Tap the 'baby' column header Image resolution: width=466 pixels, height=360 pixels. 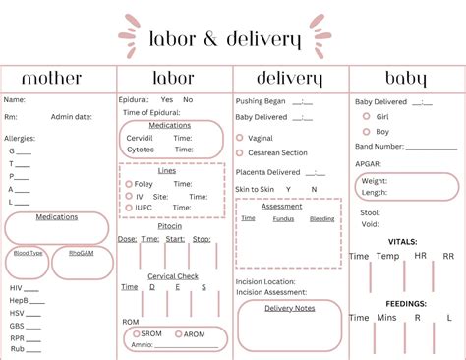point(405,79)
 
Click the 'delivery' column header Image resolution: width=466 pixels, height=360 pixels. point(290,79)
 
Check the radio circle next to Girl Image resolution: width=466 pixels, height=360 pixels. point(367,116)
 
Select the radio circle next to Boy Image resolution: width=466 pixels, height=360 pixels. point(367,131)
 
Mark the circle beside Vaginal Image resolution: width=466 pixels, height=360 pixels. point(240,138)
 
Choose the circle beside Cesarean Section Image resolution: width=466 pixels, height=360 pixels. point(240,152)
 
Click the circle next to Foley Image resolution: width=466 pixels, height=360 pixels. point(126,183)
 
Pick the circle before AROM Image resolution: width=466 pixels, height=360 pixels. point(178,334)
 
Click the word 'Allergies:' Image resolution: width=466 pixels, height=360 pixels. point(21,139)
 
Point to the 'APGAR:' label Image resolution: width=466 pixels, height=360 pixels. point(369,162)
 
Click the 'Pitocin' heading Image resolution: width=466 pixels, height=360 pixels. point(170,226)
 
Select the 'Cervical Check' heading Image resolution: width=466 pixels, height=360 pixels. point(173,276)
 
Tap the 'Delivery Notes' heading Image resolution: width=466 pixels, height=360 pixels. point(289,308)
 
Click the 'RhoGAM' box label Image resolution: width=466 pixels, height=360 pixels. point(82,253)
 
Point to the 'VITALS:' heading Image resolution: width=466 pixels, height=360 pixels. point(403,241)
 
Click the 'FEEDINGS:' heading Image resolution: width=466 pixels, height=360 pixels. point(406,304)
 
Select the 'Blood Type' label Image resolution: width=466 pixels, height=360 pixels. point(29,253)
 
